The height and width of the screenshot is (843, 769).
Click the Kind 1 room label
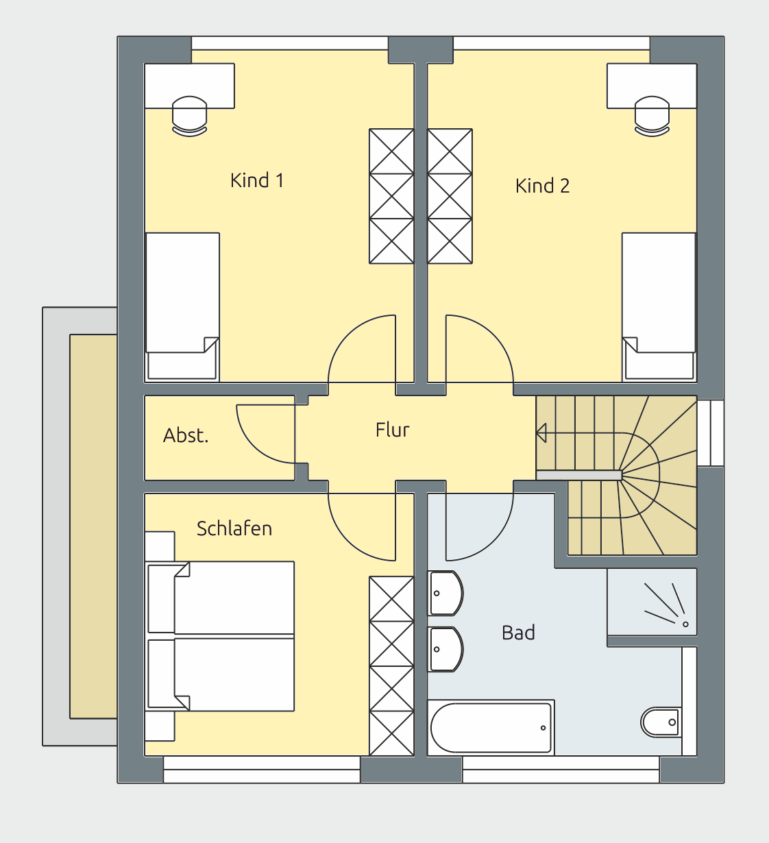257,180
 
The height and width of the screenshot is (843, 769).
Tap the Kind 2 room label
542,186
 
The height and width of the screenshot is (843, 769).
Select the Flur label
392,430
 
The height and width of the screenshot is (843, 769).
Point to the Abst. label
186,435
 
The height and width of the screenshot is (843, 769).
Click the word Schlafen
234,528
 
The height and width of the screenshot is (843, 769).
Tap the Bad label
518,633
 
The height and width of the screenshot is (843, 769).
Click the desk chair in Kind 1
190,116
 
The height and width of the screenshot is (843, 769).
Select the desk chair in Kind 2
652,116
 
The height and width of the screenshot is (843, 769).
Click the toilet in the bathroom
661,722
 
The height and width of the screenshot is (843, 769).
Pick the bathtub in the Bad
491,727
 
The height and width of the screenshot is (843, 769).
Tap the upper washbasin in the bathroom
445,594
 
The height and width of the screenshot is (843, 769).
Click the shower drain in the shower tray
685,624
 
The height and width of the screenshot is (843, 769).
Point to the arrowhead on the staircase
541,433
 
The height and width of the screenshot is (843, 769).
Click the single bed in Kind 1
182,306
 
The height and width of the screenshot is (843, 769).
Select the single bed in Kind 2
659,306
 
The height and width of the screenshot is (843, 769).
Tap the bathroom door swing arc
494,542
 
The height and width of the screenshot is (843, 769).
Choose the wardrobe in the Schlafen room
391,666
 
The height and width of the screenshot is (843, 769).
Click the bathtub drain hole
544,728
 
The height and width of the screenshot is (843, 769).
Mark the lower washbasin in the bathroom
445,649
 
